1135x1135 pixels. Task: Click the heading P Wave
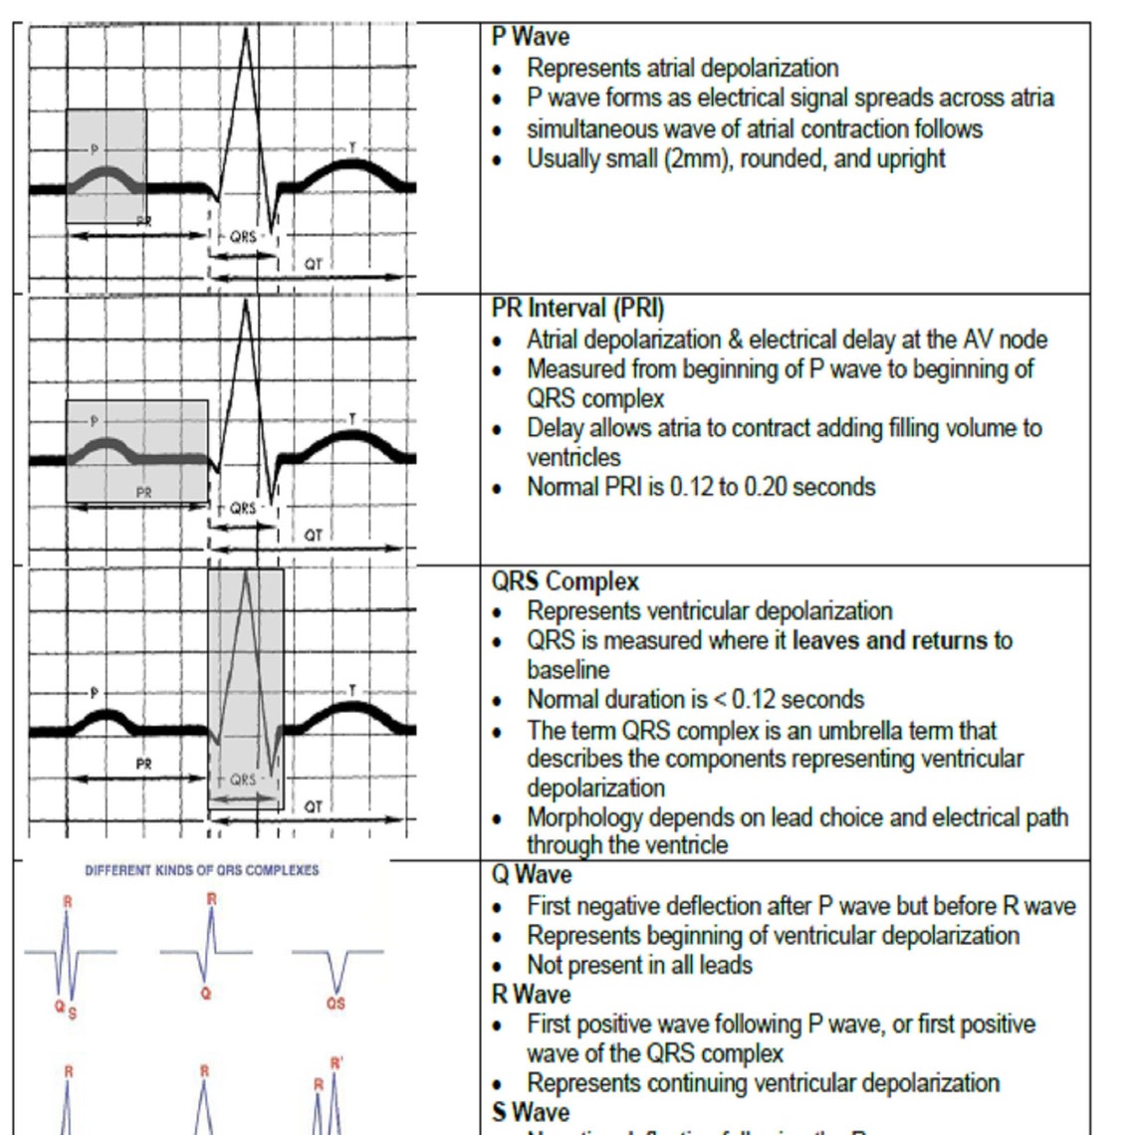[531, 38]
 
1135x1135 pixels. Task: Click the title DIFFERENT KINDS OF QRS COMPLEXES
[202, 870]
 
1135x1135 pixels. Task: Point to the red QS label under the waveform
[336, 1004]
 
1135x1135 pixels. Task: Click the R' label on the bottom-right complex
[337, 1064]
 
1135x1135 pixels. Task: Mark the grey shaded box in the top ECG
[106, 166]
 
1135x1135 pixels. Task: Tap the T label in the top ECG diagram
[351, 148]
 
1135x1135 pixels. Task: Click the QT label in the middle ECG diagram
[314, 536]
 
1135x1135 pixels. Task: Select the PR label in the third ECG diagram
[144, 765]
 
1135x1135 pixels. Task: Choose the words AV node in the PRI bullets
[1005, 340]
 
